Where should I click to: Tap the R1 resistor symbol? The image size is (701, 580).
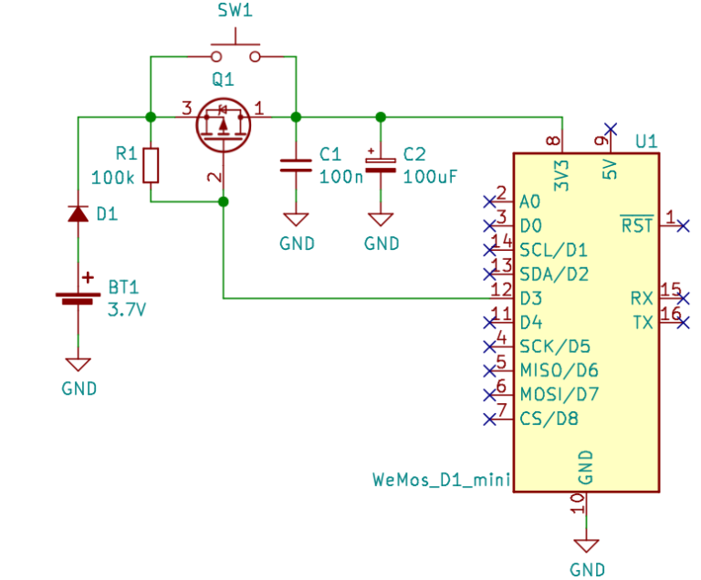click(152, 165)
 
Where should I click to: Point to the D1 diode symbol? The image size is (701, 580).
click(78, 214)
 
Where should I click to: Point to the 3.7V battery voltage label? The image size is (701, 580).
click(127, 309)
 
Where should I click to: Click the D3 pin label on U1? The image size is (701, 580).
click(531, 298)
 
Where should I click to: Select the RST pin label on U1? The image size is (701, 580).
click(637, 225)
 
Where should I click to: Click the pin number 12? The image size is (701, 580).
click(500, 289)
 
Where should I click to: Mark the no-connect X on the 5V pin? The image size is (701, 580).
click(611, 129)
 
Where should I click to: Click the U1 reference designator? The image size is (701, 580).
click(646, 141)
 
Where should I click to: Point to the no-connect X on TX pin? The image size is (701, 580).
click(684, 322)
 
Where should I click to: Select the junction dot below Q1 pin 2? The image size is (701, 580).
click(224, 202)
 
